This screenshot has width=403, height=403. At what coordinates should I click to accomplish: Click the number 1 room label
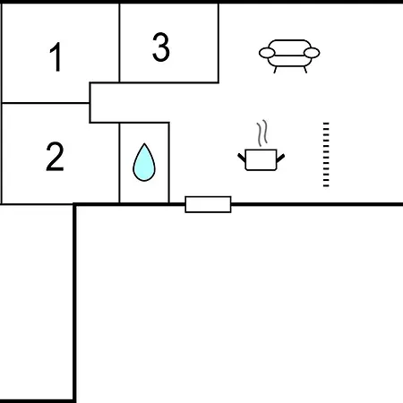point(56,56)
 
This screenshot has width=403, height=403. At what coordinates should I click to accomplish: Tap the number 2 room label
point(55,156)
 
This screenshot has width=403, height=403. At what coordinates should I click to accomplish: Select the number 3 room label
point(161,47)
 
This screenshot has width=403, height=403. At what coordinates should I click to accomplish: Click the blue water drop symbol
point(144,162)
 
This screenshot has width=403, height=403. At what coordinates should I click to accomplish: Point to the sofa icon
point(289,56)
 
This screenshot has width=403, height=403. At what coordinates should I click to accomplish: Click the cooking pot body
point(261,159)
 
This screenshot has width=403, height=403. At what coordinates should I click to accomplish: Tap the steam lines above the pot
point(262,133)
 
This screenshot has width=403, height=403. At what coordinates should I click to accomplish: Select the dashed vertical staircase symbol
point(326,155)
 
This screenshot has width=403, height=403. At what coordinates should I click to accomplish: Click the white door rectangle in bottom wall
point(208,204)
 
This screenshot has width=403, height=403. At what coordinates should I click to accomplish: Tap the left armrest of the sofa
point(267,53)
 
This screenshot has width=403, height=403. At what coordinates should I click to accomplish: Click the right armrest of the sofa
point(312,53)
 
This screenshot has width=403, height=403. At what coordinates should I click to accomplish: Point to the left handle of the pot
point(242,158)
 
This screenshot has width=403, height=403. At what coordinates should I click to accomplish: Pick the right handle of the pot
point(280,158)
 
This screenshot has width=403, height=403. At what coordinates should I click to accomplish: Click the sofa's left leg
point(275,70)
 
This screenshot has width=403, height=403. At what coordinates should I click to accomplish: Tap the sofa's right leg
point(305,70)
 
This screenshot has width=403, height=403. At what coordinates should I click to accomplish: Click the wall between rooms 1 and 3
point(119,43)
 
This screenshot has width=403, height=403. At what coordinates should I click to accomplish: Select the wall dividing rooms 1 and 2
point(46,103)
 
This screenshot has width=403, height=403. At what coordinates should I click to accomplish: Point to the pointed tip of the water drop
point(144,143)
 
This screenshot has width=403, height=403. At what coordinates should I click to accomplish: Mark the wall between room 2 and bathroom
point(119,163)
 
